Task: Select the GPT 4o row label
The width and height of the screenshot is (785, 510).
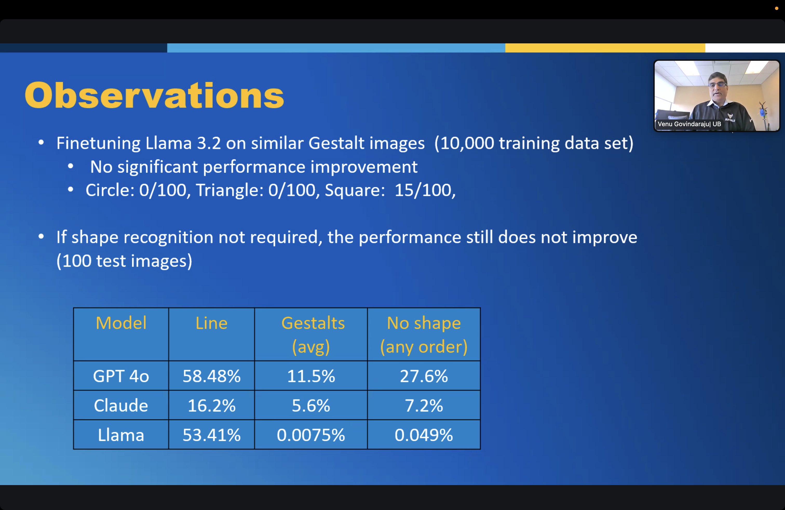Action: click(121, 376)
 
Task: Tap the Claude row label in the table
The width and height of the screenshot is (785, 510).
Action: click(121, 405)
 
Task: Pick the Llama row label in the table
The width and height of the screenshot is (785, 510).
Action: click(121, 435)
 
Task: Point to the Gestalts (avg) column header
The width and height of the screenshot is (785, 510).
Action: click(313, 335)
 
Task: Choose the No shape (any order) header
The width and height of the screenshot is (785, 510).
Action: click(424, 335)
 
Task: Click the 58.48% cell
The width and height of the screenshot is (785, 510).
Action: click(211, 376)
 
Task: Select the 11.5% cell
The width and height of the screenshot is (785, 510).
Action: click(311, 376)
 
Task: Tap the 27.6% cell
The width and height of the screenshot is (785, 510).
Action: click(424, 376)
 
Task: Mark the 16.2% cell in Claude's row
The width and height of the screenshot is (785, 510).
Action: click(211, 405)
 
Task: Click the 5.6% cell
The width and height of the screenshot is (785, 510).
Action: click(311, 405)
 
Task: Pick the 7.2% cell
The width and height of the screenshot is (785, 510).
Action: click(424, 405)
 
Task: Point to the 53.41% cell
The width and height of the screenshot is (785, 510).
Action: click(211, 435)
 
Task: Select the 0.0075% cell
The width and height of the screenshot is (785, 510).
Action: click(311, 435)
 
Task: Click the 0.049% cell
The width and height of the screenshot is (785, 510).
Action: click(424, 435)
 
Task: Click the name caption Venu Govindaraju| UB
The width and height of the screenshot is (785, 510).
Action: click(689, 124)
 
